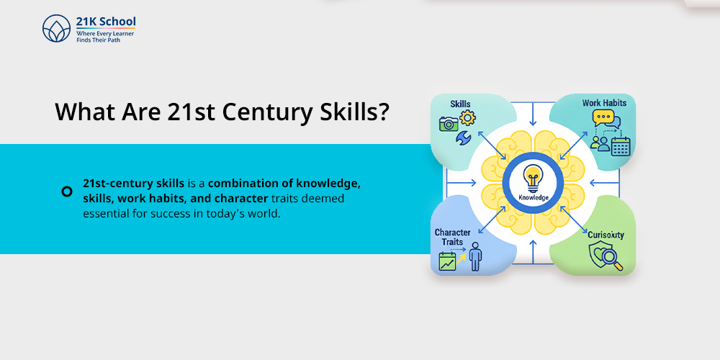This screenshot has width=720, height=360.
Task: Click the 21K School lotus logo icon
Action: pos(56,30)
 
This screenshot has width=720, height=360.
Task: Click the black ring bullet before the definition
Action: pos(67,191)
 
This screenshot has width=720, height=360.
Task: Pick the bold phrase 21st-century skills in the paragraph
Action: pos(124,183)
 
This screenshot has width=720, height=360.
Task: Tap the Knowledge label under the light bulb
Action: pos(533,197)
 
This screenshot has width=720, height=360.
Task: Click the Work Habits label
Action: pos(604,103)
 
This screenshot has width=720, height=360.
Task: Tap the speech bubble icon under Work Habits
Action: pos(603,120)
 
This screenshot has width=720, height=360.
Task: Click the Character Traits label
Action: pos(452,238)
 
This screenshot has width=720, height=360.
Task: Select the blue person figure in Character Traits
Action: pos(475,256)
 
